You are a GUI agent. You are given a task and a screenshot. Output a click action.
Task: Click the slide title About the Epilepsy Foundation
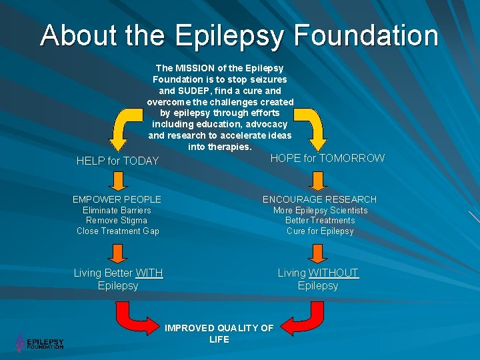239,35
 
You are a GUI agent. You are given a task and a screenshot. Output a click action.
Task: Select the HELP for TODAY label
117,161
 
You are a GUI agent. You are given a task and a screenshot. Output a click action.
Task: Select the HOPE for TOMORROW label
327,158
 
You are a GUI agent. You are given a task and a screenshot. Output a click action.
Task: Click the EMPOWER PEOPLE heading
117,199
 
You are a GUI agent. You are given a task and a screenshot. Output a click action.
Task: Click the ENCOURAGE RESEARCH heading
319,199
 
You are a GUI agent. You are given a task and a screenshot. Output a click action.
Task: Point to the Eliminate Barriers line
117,211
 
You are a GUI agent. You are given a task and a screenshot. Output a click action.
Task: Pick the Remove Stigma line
117,221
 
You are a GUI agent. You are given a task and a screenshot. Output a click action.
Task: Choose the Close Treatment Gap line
117,231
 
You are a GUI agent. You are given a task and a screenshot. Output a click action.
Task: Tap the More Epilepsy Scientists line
320,211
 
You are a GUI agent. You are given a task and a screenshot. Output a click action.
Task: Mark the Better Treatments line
320,221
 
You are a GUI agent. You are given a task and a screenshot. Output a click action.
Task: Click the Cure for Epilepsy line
320,231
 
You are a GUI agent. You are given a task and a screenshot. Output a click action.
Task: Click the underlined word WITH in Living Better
149,273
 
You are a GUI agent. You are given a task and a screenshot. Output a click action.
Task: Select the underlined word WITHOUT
333,273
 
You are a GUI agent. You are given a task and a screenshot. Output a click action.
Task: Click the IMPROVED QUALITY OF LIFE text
219,333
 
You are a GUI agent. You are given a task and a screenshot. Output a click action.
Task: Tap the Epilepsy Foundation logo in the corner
40,343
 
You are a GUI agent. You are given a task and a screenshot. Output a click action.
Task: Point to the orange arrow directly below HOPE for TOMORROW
318,181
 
